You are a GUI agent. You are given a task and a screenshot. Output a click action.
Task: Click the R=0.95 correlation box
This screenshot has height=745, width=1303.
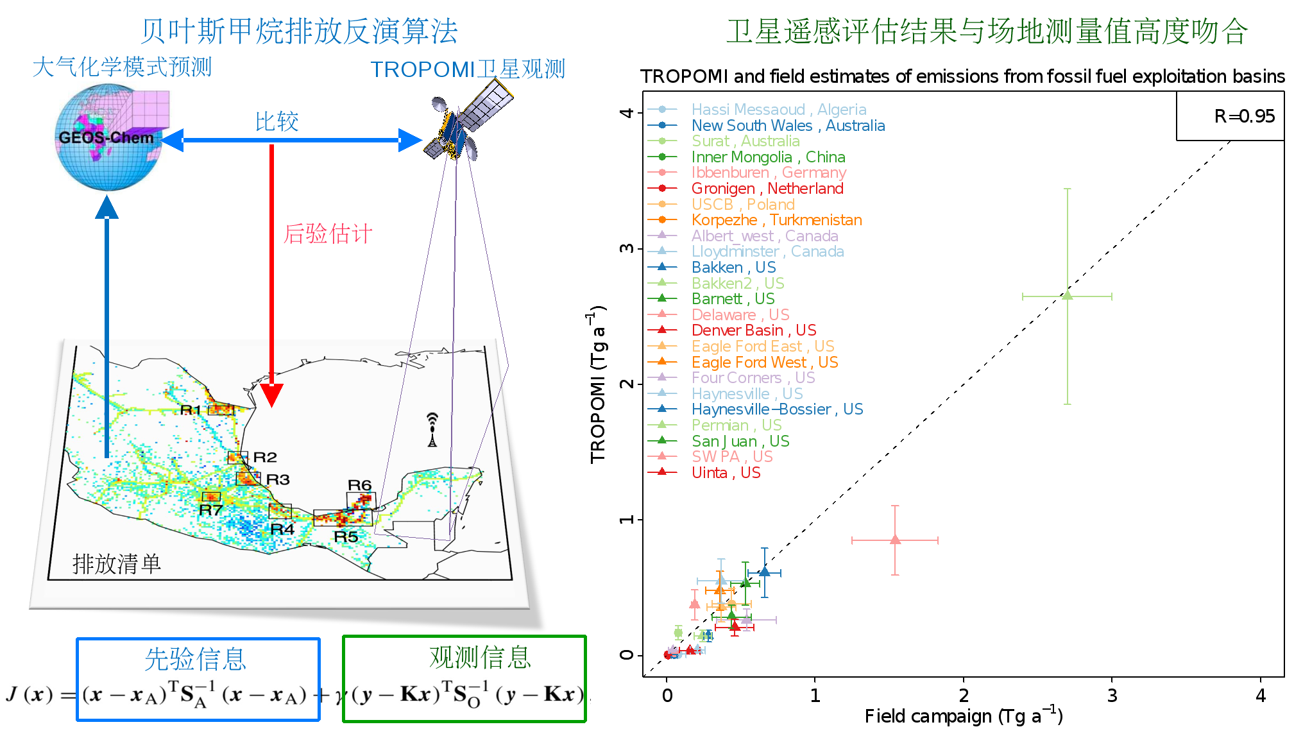[1231, 116]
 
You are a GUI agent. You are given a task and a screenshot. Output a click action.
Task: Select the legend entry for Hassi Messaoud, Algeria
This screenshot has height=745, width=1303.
[778, 110]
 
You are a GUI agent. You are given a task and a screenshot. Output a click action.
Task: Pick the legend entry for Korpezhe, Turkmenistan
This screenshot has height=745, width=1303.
[776, 220]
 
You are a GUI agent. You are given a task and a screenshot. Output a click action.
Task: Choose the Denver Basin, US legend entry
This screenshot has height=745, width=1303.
[753, 330]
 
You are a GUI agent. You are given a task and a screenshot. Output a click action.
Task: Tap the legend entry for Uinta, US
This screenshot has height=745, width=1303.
[726, 473]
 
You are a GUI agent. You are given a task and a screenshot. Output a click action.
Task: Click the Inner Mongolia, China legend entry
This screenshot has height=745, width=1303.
[768, 157]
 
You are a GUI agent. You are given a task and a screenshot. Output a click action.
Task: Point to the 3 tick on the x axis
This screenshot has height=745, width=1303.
[1112, 696]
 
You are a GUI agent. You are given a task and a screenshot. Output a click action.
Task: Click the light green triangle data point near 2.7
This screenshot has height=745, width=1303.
[1067, 296]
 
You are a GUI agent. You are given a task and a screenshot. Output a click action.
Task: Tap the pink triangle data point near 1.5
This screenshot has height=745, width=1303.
[895, 540]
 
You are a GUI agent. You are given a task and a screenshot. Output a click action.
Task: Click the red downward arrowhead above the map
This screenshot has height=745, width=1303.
[272, 395]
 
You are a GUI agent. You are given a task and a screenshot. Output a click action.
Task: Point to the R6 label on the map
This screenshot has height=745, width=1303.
[359, 485]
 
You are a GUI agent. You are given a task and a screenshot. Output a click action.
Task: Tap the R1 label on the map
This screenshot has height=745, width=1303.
[191, 410]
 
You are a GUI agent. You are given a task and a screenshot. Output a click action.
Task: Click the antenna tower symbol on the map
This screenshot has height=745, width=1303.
[432, 430]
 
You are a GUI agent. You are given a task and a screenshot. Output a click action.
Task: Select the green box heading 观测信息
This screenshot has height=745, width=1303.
[480, 657]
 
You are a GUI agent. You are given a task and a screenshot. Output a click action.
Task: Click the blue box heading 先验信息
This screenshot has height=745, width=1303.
[196, 659]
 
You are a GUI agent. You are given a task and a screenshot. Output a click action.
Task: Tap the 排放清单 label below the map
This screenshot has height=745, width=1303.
[116, 564]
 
